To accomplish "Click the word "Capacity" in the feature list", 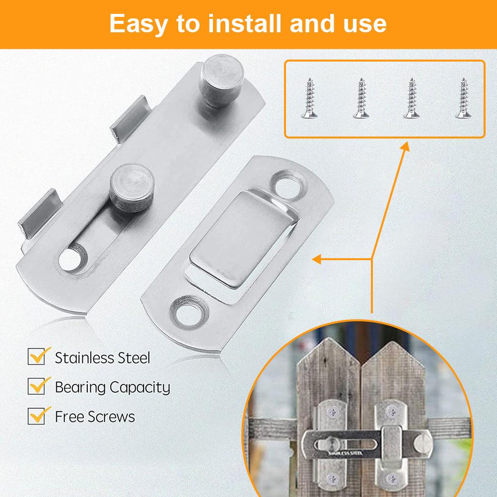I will (x=140, y=388).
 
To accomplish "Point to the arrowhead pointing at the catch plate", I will (x=316, y=259).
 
